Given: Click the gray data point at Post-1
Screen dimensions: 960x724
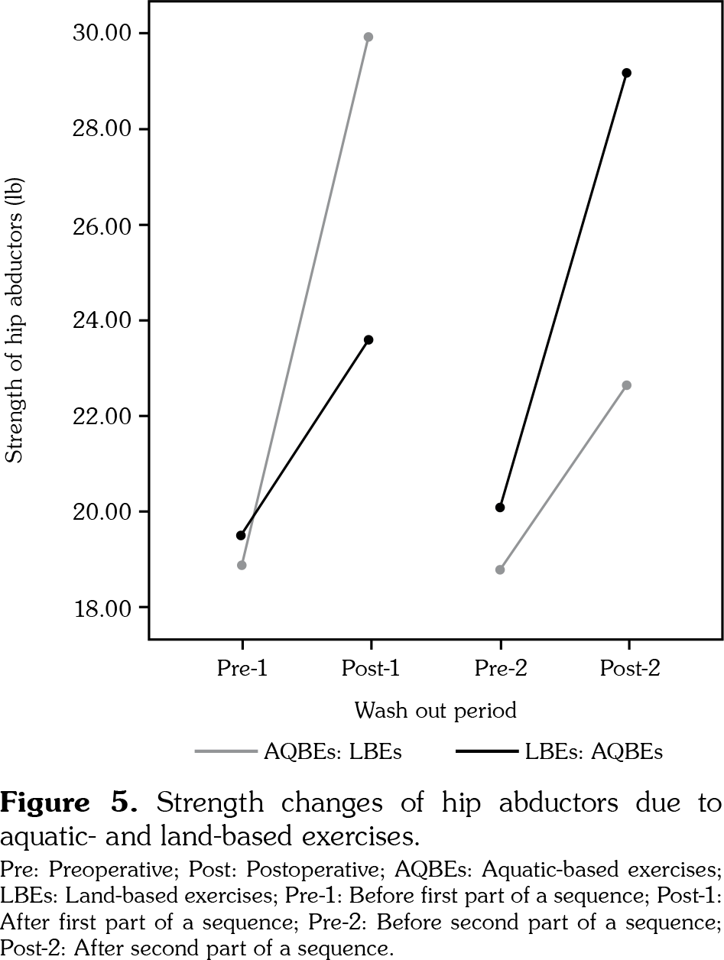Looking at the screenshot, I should [368, 37].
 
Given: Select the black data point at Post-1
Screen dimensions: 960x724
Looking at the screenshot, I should [368, 339].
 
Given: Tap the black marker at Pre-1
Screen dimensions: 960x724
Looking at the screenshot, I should [241, 535].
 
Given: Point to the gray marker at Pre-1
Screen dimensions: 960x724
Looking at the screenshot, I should [242, 566].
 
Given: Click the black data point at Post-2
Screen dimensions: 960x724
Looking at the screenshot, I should [627, 73].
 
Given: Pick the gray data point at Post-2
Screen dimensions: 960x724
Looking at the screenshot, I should [627, 385].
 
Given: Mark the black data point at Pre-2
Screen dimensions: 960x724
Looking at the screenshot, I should [500, 508].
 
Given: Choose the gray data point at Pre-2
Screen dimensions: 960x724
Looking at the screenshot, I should [500, 569].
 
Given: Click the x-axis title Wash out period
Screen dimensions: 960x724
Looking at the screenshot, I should [435, 711].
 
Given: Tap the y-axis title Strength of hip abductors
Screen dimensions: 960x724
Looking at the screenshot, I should [14, 321].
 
